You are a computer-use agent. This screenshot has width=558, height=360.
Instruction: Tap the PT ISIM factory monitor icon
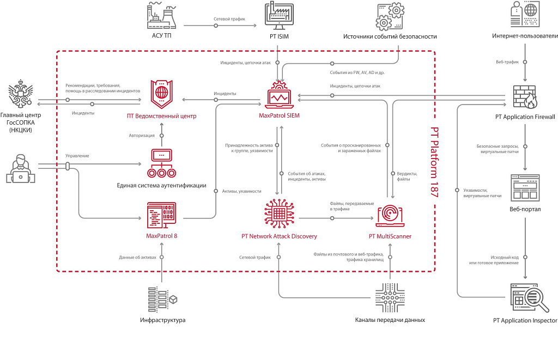(x=279, y=16)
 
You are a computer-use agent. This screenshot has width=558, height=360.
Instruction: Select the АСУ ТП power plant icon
(x=161, y=15)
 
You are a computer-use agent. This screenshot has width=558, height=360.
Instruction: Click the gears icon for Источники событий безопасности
(x=390, y=16)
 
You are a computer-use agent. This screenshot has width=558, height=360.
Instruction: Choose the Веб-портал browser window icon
(x=525, y=188)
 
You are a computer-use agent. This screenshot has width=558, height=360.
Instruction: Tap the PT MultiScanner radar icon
(x=390, y=215)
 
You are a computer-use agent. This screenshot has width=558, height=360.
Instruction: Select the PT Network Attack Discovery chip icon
(x=280, y=213)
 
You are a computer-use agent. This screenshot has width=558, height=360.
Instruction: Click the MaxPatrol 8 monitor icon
(x=161, y=215)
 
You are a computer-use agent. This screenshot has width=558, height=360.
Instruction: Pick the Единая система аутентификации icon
(x=161, y=163)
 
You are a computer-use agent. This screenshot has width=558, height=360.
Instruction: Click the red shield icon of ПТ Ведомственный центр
(x=161, y=94)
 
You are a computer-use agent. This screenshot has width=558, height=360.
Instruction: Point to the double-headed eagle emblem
(x=21, y=94)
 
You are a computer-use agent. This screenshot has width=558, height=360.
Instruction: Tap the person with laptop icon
(x=21, y=169)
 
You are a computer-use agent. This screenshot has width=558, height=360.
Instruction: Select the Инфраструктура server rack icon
(x=162, y=300)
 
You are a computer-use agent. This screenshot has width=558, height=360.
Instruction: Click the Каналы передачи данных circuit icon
(x=390, y=297)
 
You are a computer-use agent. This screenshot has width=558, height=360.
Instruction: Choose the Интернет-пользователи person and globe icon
(x=525, y=14)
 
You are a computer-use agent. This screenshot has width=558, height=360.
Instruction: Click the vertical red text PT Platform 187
(x=434, y=162)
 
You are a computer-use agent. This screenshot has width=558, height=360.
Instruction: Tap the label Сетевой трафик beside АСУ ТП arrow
(x=229, y=19)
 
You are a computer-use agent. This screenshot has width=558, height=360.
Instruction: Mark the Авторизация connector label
(x=142, y=136)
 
